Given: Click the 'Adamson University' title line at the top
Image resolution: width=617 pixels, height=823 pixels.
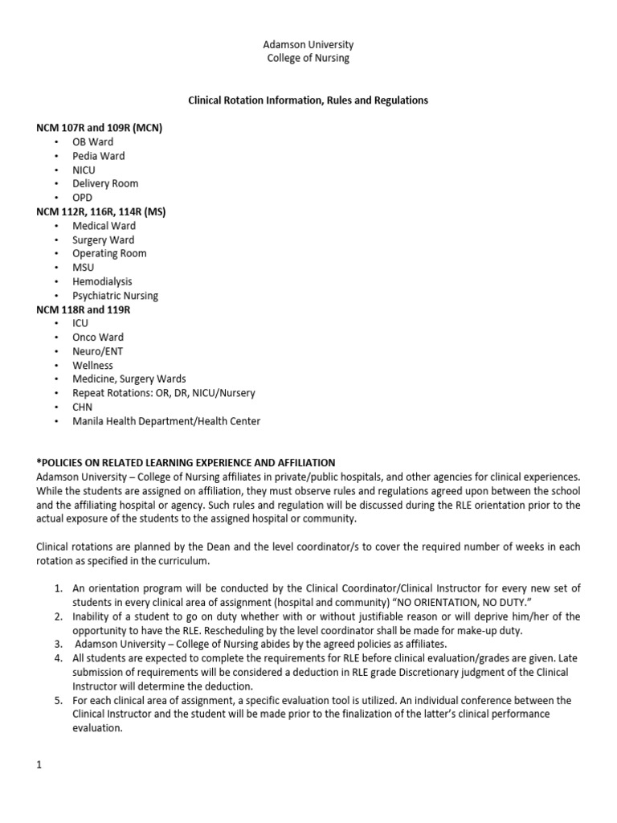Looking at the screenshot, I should point(308,45).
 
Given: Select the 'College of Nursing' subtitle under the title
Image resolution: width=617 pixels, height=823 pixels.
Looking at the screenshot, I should point(308,59).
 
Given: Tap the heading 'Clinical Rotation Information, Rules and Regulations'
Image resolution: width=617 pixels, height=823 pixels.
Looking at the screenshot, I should point(308,100).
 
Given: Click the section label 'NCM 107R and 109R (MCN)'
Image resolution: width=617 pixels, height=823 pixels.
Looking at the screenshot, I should point(100,128).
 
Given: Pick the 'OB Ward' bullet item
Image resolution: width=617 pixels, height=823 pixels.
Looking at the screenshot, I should point(93,142).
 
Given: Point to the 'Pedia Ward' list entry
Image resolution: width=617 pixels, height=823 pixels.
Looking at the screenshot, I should point(98,156).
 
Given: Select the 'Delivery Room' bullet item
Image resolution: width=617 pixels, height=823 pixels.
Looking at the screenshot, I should point(105,184).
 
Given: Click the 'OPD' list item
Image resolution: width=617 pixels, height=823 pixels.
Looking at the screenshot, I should point(83,198).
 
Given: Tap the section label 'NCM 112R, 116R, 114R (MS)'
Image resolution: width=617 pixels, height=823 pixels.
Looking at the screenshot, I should point(101,211).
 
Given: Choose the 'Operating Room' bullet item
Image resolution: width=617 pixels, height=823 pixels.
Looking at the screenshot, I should point(109,254).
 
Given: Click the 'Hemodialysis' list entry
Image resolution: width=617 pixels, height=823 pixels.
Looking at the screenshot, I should point(102,282).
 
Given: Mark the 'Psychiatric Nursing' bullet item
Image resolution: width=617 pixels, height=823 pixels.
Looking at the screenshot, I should point(115,296).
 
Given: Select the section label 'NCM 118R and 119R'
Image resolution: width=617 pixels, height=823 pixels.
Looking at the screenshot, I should point(84,309).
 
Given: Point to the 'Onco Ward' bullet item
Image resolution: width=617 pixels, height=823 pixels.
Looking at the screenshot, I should point(98,338).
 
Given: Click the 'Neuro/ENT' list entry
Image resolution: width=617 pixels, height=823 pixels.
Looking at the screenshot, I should point(98,351).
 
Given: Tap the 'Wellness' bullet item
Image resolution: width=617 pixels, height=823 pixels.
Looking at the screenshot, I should point(92,366).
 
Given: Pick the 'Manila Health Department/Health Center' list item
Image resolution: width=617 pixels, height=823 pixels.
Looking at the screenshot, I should point(166,421).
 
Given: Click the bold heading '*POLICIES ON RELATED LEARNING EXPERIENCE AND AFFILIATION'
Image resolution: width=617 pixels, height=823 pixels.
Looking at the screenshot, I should point(186,463).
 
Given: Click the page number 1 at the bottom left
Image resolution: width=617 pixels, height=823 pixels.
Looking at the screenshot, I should point(39,765).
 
